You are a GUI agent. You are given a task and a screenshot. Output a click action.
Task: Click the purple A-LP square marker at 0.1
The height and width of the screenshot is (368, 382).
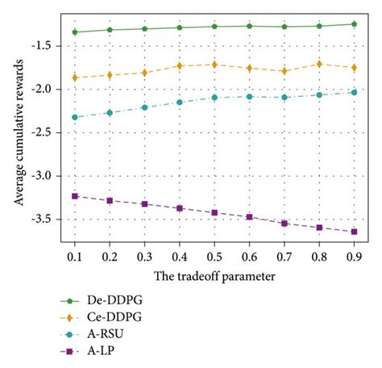pos(75,195)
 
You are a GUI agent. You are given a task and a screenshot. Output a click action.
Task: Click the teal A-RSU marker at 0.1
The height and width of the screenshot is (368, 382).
pos(75,117)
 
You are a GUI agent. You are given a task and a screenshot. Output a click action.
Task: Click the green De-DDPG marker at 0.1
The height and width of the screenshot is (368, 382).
pos(75,32)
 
